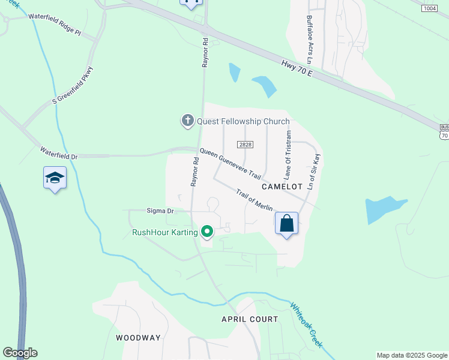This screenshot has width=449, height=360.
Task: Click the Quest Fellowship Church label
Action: [243, 121]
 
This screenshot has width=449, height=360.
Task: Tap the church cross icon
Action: [187, 121]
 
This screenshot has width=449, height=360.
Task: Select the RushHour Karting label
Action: [164, 232]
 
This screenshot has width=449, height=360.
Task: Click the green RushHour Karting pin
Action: [208, 231]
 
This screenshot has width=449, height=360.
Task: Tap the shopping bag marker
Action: [287, 224]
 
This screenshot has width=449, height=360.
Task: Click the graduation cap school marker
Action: [55, 178]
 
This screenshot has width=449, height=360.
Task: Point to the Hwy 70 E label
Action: [297, 67]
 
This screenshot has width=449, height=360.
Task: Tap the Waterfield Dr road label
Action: [59, 152]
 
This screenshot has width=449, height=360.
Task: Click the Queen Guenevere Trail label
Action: [231, 164]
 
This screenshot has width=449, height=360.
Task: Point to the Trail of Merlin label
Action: [255, 200]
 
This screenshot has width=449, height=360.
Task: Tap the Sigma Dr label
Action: [160, 211]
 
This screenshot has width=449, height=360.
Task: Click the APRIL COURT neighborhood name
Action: [250, 319]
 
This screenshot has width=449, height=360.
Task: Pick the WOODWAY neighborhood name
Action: [138, 338]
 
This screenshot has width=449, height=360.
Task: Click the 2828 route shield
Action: [245, 145]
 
